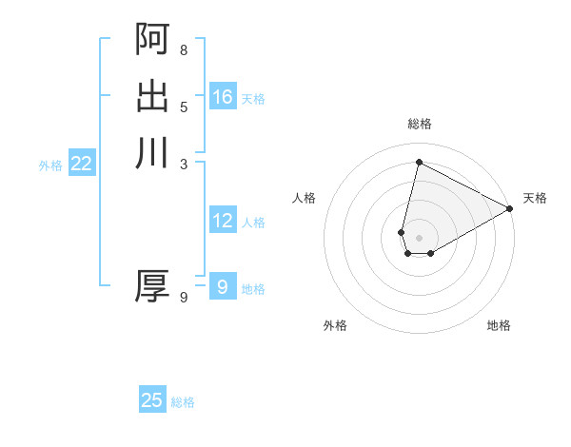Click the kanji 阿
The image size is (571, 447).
pos(152,39)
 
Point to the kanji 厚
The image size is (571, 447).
pos(152,286)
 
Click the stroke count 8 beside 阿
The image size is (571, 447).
pos(183,49)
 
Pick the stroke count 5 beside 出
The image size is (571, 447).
pos(183,107)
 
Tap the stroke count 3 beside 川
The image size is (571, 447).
pos(183,163)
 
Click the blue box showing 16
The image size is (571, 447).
pos(223,97)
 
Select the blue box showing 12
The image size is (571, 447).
pos(223,221)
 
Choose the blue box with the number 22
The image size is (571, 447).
pos(82,164)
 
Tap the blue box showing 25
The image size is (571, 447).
pos(152,400)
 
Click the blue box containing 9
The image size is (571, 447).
pos(223,286)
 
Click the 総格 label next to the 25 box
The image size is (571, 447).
pos(183,402)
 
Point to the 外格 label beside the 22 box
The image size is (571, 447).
pos(50,165)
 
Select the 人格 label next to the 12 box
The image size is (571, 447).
pos(253,223)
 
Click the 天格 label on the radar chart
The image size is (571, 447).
pos(535,198)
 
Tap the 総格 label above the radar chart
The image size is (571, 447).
pos(420,124)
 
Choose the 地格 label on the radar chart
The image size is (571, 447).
pos(499,325)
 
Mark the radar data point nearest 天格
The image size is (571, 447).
pos(510,209)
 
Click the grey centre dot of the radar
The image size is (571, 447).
pos(420,237)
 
